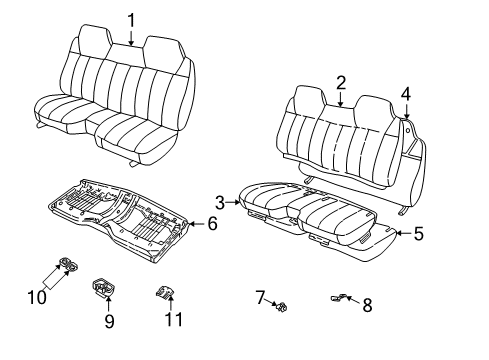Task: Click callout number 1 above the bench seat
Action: click(x=131, y=18)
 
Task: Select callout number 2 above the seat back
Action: click(x=341, y=82)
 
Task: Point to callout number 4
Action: click(x=406, y=94)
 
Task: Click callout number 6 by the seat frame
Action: click(x=212, y=225)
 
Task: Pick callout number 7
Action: click(x=259, y=297)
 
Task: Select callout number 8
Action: click(x=367, y=304)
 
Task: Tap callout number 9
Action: click(x=109, y=321)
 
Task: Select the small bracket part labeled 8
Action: click(x=339, y=297)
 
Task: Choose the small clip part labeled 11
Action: click(x=167, y=293)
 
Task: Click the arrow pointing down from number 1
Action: click(x=131, y=38)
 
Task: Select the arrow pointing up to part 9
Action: click(x=108, y=304)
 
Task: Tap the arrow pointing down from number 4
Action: click(x=407, y=113)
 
